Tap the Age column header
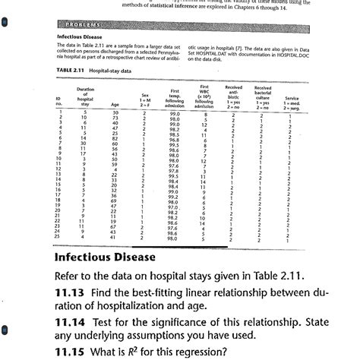[114, 106]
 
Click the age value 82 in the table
[115, 138]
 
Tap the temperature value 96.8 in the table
[175, 140]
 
